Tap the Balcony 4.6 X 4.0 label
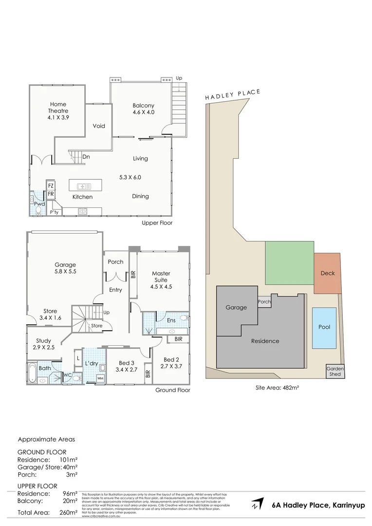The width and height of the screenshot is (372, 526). coord(143,109)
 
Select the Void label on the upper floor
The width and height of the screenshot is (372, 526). coord(99,126)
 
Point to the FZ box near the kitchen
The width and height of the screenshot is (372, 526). coord(51,185)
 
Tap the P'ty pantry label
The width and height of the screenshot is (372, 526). coord(55,212)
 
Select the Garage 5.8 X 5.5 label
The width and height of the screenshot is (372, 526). coord(65,269)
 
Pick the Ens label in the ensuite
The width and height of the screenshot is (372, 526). coord(171,320)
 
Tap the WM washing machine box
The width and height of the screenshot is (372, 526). coord(100,378)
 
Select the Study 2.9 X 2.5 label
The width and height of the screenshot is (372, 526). coord(44,344)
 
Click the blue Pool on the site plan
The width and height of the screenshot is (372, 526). coord(324,327)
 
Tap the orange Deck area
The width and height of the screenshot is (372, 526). coord(328,273)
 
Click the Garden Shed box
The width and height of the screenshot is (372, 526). coord(335,372)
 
